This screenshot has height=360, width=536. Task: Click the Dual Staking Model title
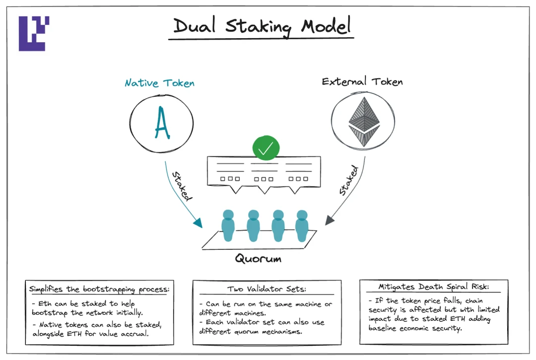[263, 26]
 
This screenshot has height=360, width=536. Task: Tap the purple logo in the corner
[34, 33]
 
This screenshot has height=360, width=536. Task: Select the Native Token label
[159, 83]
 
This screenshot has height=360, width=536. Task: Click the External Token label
[362, 81]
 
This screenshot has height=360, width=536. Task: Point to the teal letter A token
[162, 123]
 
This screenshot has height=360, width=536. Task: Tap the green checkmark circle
[266, 148]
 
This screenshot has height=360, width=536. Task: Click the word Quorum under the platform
[258, 259]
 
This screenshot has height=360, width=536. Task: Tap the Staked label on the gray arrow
[348, 181]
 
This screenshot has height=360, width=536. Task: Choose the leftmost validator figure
[228, 226]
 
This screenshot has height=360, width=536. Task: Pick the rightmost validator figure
[302, 226]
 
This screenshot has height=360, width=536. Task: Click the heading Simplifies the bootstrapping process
[99, 289]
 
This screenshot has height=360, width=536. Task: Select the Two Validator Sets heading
[267, 289]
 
